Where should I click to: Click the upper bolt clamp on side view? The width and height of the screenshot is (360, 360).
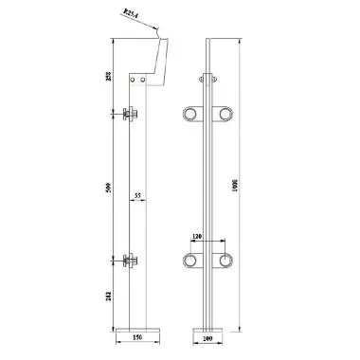(x=131, y=116)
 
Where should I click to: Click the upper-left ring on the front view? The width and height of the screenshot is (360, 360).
(x=192, y=116)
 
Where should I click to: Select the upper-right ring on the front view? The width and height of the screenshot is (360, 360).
(x=226, y=116)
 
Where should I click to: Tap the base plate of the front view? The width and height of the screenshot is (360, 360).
(x=209, y=328)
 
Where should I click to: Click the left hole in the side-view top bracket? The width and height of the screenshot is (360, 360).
(x=133, y=81)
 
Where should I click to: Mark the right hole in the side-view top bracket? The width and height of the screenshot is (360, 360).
(x=144, y=81)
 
